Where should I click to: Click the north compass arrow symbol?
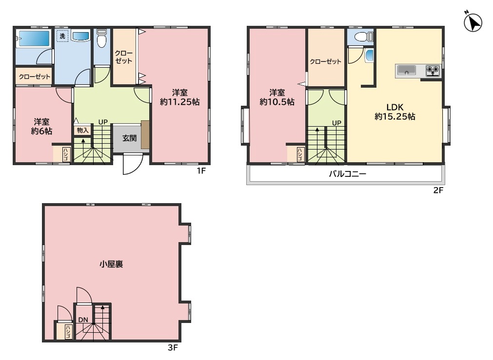(473, 22)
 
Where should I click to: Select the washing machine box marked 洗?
(62, 36)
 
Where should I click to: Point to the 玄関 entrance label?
(129, 138)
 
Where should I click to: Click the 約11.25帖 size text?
(179, 102)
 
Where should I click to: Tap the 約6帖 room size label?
(41, 131)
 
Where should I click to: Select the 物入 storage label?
(83, 130)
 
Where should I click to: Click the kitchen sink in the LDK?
(407, 70)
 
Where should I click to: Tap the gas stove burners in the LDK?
(433, 71)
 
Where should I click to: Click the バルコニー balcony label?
(347, 174)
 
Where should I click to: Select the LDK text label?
(395, 107)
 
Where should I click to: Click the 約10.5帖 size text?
(277, 102)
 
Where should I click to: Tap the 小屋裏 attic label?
(111, 264)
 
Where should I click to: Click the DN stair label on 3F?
(83, 320)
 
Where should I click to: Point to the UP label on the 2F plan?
(337, 123)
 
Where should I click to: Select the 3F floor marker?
(173, 347)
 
